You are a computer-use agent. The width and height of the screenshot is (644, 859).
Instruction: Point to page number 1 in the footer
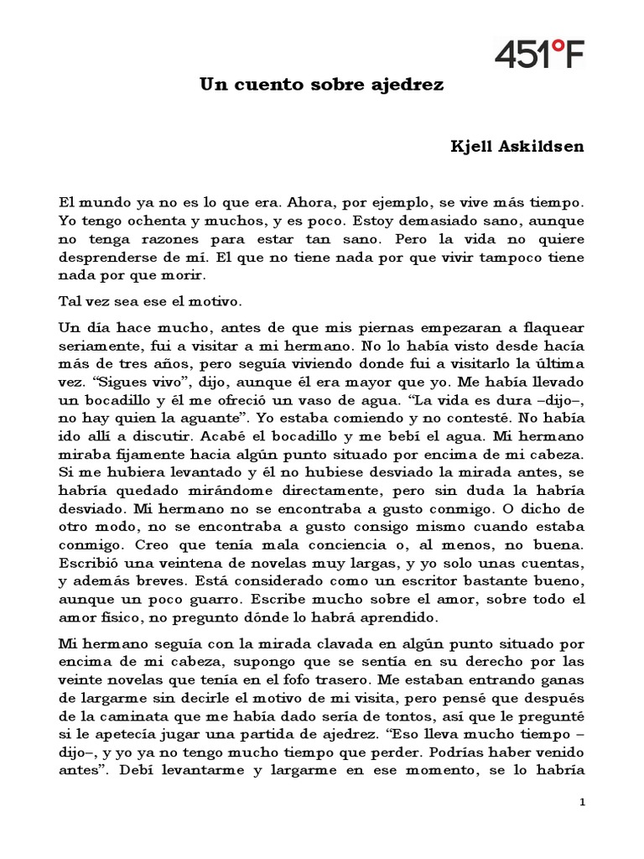pos(582,804)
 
